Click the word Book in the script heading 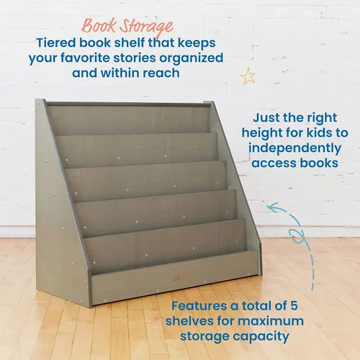pos(99,26)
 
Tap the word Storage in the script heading pos(146,27)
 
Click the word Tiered pos(56,42)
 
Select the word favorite pos(85,58)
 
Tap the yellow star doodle pos(248,76)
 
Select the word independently pos(294,148)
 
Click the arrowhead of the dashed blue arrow pos(272,207)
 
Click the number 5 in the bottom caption pos(294,306)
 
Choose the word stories pos(135,58)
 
